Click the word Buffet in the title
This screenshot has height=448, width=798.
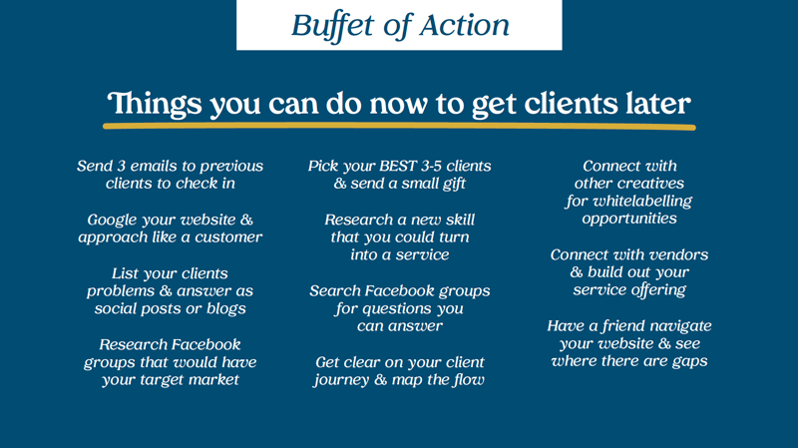tap(332, 25)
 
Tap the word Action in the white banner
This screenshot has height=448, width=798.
tap(465, 25)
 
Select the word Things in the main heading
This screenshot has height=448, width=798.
tap(155, 105)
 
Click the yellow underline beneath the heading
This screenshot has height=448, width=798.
tap(399, 127)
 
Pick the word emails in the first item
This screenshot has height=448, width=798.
tap(154, 166)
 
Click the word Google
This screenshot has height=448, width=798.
tap(112, 221)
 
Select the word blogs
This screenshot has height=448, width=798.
tap(226, 309)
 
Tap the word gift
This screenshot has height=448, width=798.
tap(454, 184)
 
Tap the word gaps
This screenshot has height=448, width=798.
tap(689, 362)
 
